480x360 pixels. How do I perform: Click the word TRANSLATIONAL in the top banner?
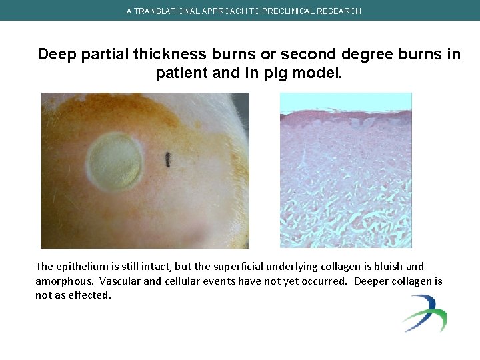pos(165,11)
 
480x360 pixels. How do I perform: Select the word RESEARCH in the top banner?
pos(340,11)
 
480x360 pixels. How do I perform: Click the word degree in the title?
pos(360,55)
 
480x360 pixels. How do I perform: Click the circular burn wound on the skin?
pos(116,160)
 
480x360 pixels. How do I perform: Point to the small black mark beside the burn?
pos(168,160)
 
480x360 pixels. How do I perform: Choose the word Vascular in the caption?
pos(119,281)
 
